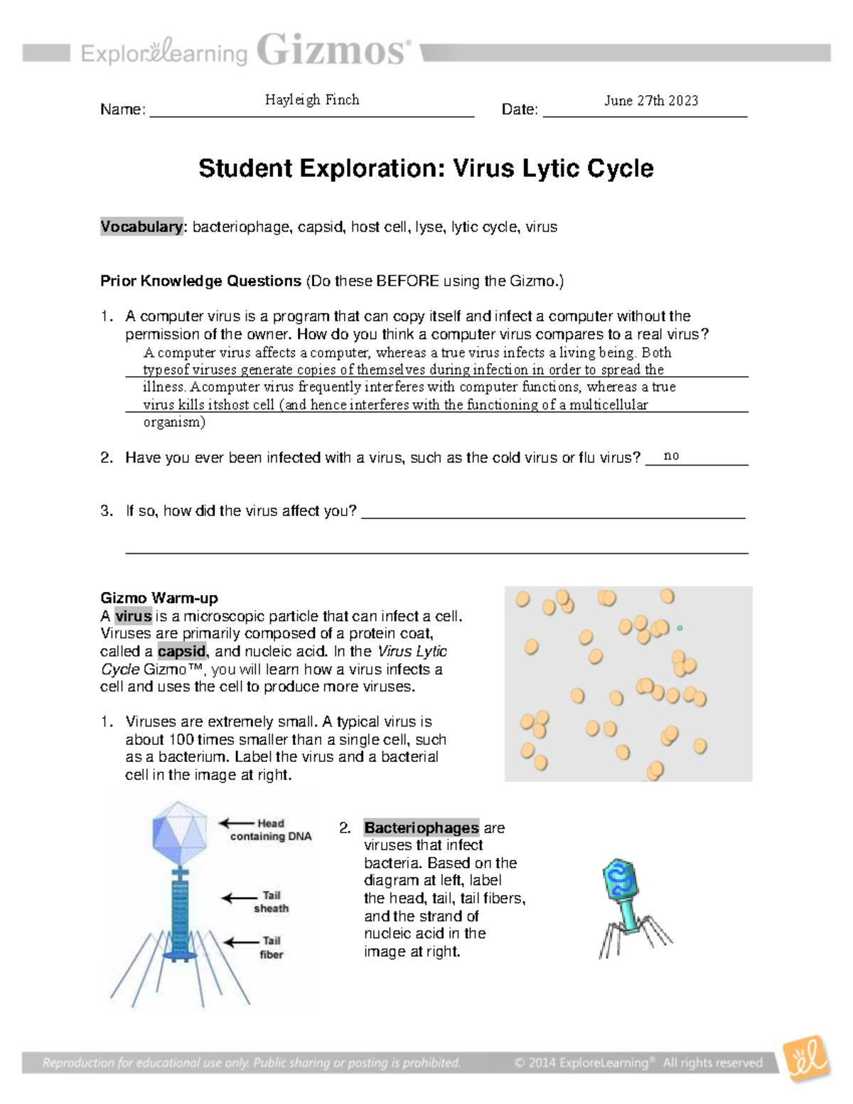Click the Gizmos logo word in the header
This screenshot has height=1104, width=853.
point(333,51)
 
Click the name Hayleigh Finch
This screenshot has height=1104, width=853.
point(312,100)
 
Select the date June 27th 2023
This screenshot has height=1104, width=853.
point(651,100)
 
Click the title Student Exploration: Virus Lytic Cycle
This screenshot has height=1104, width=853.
point(426,168)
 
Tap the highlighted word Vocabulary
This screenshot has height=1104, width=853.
point(141,227)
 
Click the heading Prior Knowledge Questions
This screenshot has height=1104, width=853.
point(200,281)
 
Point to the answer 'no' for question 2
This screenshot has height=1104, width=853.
point(671,456)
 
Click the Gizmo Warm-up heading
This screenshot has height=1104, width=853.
point(159,598)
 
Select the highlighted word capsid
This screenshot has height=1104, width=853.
point(182,651)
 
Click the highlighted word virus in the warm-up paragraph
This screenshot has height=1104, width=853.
point(134,616)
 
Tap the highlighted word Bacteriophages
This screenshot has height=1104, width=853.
point(422,828)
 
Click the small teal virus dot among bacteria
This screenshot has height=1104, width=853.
point(680,628)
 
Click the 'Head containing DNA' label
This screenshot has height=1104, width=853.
point(271,830)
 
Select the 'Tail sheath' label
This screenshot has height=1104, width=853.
point(272,901)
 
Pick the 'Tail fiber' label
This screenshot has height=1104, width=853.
point(272,948)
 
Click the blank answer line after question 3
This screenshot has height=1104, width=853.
point(553,512)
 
